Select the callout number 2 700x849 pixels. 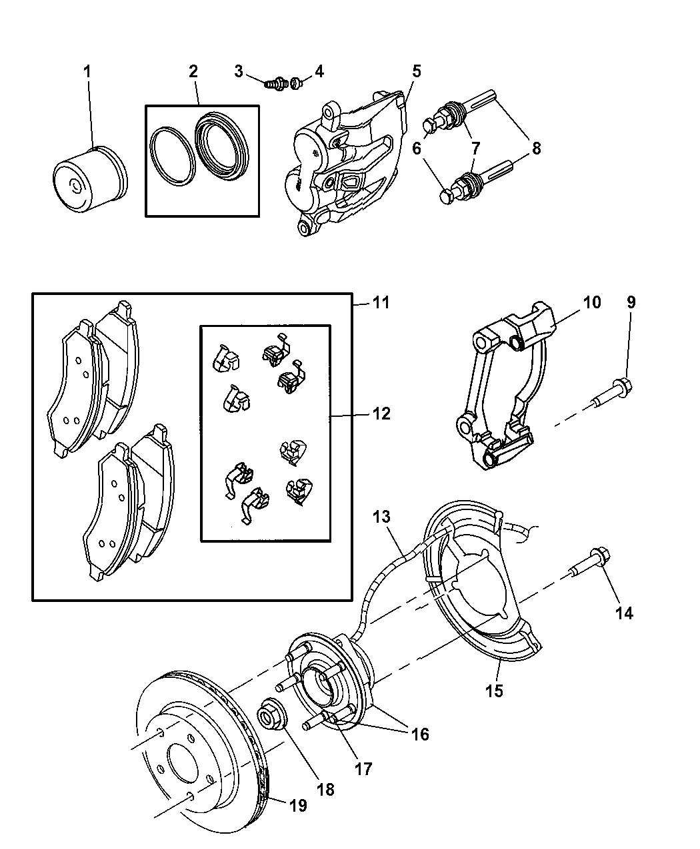pos(193,72)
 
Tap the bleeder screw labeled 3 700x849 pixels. pos(273,85)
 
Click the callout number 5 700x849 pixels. pos(416,71)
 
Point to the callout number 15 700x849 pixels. pos(494,691)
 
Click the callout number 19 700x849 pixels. pos(298,806)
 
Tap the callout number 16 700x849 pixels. pos(419,734)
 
